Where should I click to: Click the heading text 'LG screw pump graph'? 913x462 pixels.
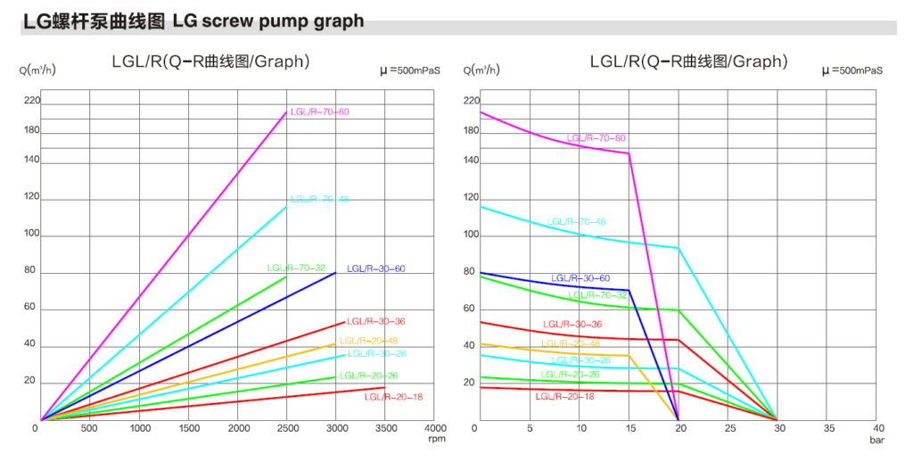tap(268, 21)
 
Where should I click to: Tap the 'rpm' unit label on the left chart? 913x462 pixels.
tap(437, 439)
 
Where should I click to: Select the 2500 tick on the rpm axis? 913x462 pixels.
tap(287, 428)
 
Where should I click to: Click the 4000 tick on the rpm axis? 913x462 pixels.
tap(433, 428)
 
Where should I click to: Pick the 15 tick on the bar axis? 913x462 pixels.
tap(629, 428)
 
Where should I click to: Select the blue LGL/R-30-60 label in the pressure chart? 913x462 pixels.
tap(580, 278)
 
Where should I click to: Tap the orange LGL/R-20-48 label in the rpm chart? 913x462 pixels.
tap(369, 340)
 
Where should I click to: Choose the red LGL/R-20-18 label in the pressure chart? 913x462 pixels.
tap(564, 396)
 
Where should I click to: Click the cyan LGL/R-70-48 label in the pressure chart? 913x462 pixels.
tap(576, 221)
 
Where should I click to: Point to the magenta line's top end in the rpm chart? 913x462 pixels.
tap(287, 112)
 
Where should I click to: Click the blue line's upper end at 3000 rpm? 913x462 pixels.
tap(336, 272)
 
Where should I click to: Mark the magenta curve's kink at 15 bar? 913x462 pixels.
tap(629, 153)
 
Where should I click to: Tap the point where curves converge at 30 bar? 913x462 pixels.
tap(777, 419)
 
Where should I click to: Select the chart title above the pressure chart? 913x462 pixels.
tap(689, 62)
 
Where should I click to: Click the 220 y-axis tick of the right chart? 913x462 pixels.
tap(472, 101)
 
